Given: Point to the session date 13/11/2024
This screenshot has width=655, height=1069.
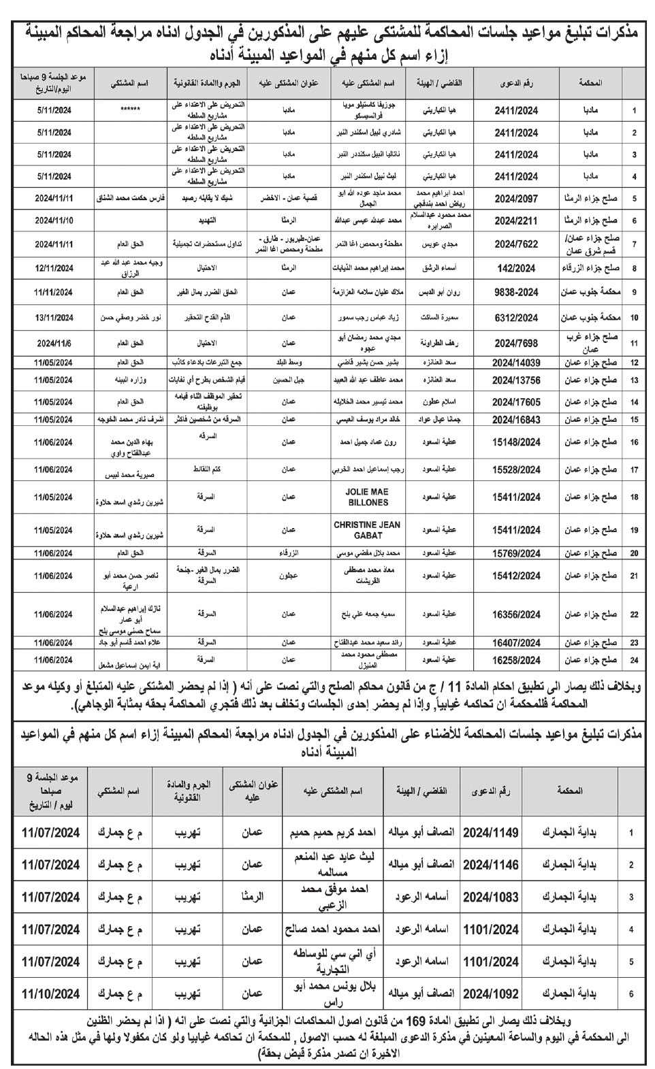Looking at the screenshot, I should coord(53,317).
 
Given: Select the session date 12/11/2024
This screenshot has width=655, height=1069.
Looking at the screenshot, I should coord(53,268).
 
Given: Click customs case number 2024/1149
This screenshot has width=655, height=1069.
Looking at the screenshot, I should coord(491,832).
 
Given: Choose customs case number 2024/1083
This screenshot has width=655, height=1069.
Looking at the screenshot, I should coord(491,897).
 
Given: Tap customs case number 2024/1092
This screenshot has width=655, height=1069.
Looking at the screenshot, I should coord(491,993).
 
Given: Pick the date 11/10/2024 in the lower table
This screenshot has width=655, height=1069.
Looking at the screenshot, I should coord(50,993).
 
